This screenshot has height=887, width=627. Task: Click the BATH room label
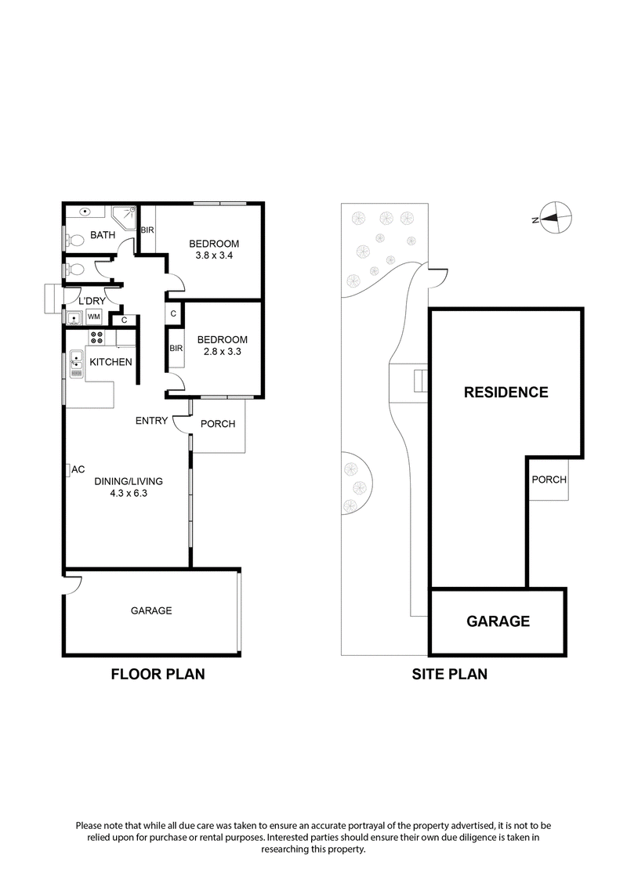click(103, 235)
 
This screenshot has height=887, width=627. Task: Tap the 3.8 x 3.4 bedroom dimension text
click(214, 255)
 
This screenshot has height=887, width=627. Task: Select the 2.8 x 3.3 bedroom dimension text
click(222, 351)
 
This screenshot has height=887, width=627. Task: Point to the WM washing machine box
click(94, 317)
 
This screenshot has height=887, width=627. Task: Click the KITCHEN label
click(111, 362)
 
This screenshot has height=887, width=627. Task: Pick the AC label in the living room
click(78, 470)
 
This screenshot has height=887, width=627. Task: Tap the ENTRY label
click(151, 421)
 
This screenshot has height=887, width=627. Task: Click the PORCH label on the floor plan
click(218, 424)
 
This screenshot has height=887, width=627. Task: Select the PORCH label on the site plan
click(549, 480)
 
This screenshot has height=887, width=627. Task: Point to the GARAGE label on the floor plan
click(150, 610)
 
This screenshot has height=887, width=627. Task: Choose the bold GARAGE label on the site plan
click(498, 621)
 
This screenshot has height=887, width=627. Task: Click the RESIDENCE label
click(506, 392)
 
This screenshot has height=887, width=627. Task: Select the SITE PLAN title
click(449, 673)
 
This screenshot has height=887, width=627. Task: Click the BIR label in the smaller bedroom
click(175, 349)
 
